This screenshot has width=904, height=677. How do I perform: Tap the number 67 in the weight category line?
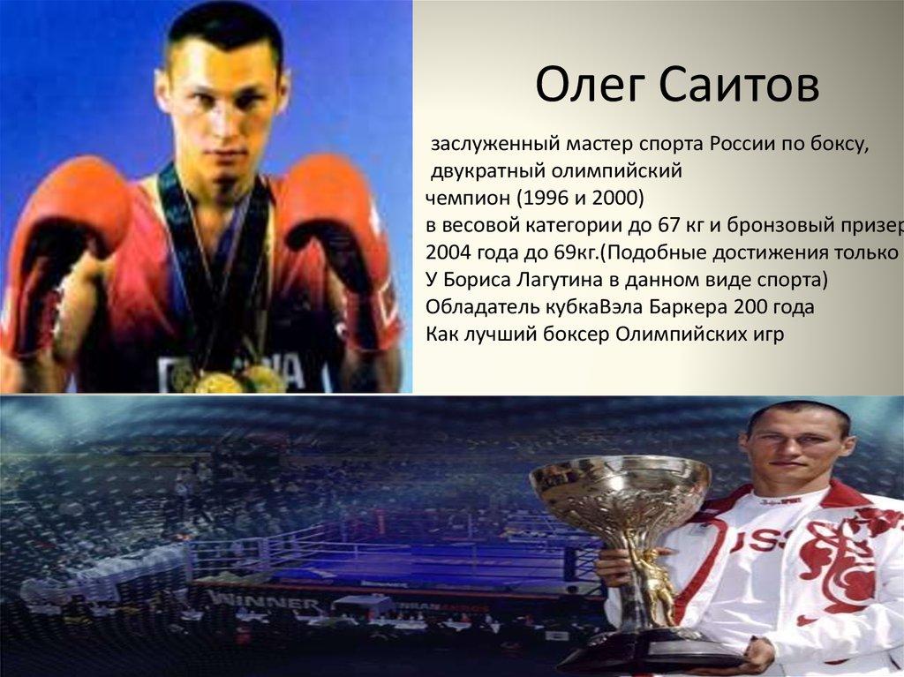tap(665, 224)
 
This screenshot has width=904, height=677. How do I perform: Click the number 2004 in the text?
tap(446, 252)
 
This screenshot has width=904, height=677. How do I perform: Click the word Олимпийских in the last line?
tap(674, 334)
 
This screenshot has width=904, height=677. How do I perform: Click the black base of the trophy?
tap(663, 649)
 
